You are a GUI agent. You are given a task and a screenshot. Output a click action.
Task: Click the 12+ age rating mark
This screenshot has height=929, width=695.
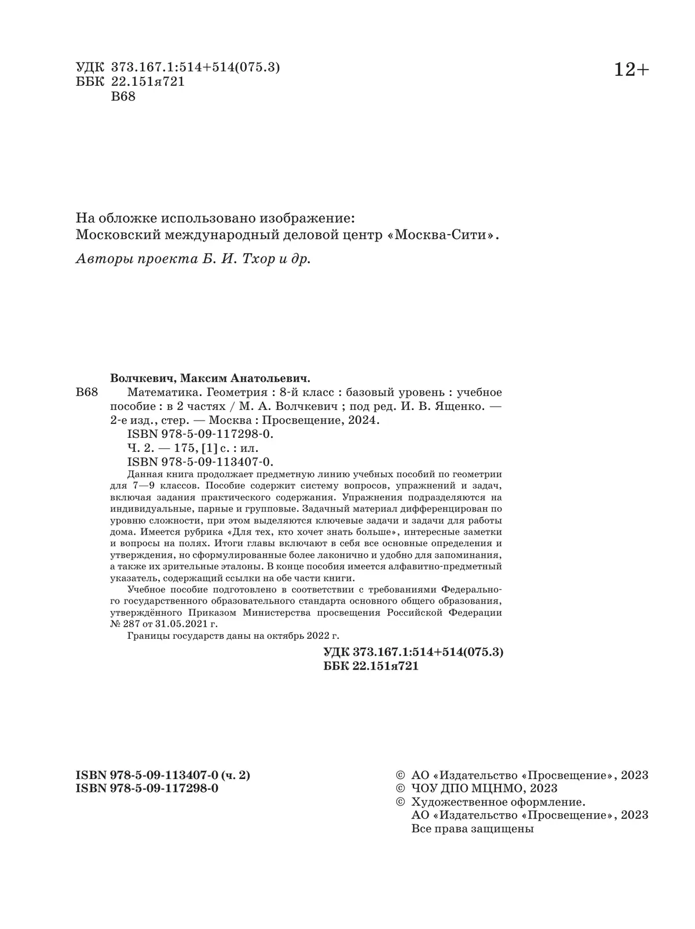coord(631,70)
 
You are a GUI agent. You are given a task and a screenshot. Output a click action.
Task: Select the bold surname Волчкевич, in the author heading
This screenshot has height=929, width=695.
coord(142,379)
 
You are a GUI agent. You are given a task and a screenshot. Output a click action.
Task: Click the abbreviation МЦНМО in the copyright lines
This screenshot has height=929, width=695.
coord(496,788)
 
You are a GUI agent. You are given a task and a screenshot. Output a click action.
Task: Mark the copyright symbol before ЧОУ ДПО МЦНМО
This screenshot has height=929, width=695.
coord(399,788)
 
